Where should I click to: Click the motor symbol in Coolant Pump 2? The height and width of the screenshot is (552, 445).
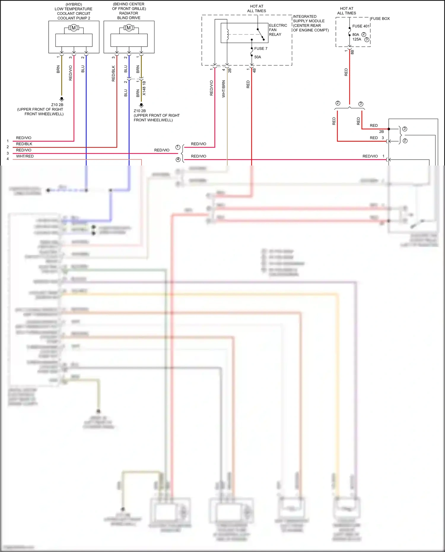(74, 28)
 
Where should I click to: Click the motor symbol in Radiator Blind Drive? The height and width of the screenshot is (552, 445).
(129, 28)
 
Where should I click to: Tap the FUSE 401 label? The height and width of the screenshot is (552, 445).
(361, 26)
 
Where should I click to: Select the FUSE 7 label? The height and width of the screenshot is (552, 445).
(260, 48)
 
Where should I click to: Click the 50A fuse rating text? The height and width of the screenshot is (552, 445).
(258, 57)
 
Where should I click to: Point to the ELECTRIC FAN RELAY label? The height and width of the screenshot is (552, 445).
(278, 30)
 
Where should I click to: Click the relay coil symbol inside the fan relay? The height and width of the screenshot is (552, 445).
(228, 34)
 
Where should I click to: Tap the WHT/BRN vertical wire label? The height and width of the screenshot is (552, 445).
(224, 89)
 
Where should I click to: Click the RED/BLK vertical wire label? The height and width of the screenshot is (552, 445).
(113, 74)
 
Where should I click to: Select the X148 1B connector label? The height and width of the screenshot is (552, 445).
(144, 88)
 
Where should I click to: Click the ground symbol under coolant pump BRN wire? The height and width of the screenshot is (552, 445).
(62, 99)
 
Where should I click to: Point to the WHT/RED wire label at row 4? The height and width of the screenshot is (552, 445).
(25, 156)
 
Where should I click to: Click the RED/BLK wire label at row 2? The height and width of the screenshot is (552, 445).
(24, 144)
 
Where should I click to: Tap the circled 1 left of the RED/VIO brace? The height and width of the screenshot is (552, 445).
(178, 147)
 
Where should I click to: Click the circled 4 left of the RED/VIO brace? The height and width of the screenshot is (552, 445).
(178, 160)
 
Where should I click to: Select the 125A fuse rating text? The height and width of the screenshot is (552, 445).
(357, 39)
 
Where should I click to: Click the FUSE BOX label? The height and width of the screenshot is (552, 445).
(380, 18)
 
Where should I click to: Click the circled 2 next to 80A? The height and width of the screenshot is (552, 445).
(364, 34)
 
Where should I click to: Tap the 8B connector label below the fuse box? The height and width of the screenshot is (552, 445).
(352, 52)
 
